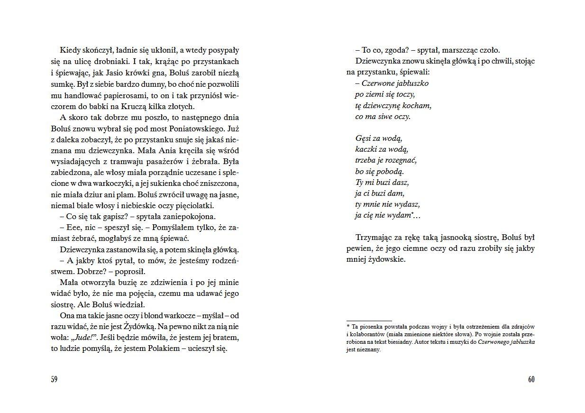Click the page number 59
pyautogui.click(x=54, y=379)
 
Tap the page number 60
pyautogui.click(x=531, y=379)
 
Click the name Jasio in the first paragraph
pyautogui.click(x=135, y=73)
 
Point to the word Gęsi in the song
pyautogui.click(x=363, y=138)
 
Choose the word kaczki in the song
pyautogui.click(x=366, y=149)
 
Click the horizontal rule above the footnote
pyautogui.click(x=369, y=321)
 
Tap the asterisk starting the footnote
pyautogui.click(x=348, y=327)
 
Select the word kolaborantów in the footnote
pyautogui.click(x=370, y=334)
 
